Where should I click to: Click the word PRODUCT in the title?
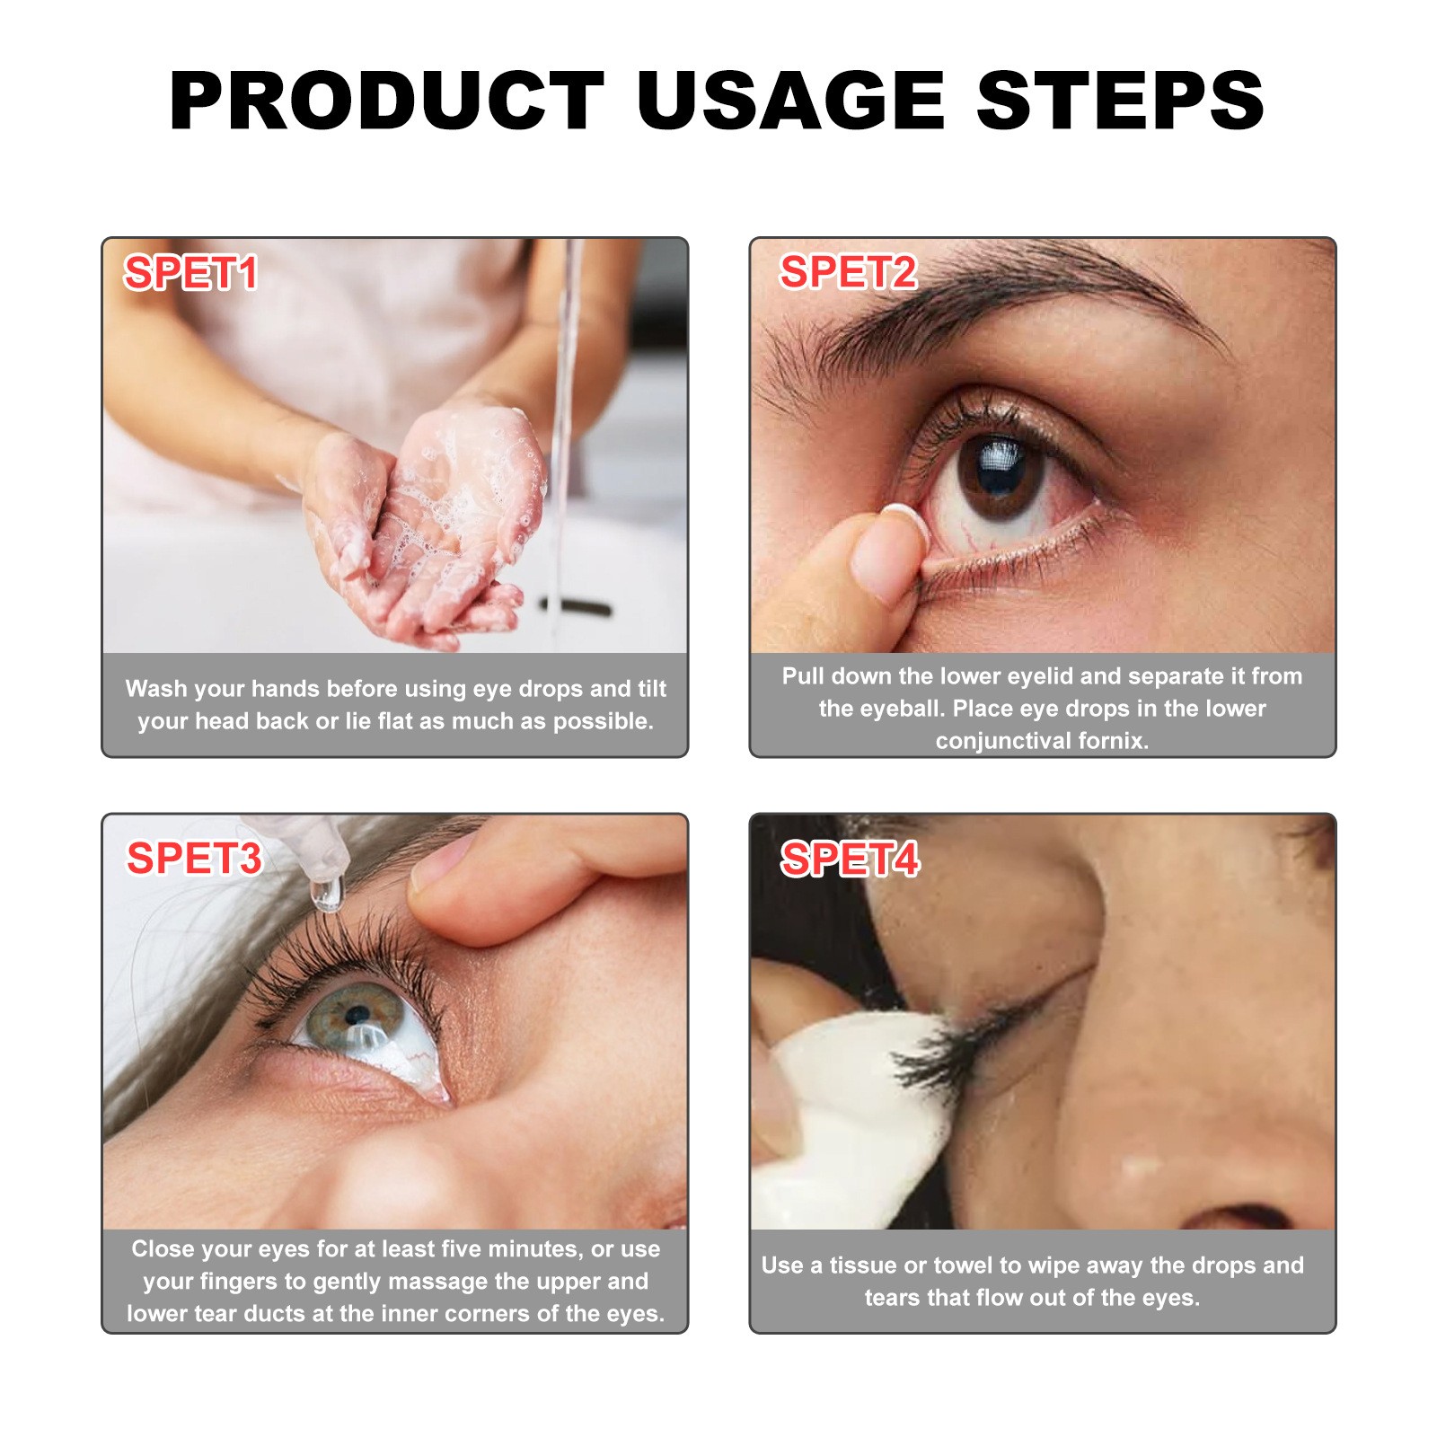pos(386,101)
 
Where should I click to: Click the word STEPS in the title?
pos(1120,101)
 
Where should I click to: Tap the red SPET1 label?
pos(190,272)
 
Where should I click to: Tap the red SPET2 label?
pos(848,271)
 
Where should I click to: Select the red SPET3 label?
pos(194,858)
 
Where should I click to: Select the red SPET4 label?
pos(850,859)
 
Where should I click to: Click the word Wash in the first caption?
pos(156,689)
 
